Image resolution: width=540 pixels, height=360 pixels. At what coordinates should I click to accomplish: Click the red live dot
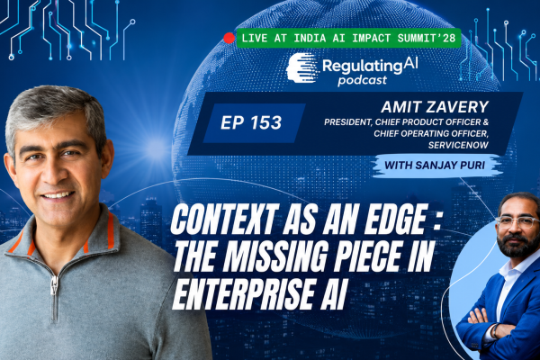pos(229,38)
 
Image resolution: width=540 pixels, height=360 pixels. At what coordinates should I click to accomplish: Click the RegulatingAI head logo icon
pos(301,67)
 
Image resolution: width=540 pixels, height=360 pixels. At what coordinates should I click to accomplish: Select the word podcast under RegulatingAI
pos(363,81)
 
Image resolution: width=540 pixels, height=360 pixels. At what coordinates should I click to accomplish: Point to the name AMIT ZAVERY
pos(435,107)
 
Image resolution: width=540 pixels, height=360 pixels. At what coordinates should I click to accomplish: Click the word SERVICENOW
pos(458,145)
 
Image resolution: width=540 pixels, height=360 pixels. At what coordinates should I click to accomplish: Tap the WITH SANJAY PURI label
pos(435,166)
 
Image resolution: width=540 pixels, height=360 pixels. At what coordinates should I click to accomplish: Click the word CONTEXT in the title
pos(224,220)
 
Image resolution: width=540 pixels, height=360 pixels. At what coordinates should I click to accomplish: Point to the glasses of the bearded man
pos(517,221)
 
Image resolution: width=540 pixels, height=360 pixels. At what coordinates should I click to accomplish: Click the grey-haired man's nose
pos(51,172)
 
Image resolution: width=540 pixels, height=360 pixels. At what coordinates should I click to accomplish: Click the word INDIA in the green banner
pos(310,38)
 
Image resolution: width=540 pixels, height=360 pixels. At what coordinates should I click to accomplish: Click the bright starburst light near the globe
pos(156,148)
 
